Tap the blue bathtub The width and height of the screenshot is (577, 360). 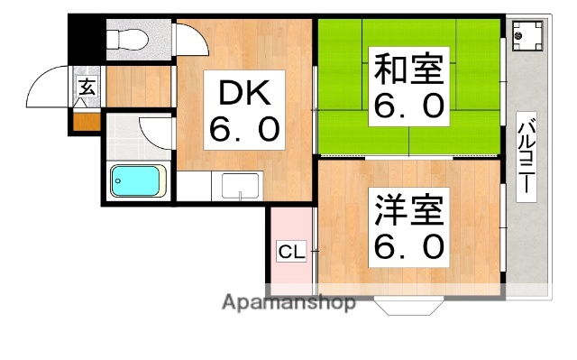[136, 180]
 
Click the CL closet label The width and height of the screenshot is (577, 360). [290, 252]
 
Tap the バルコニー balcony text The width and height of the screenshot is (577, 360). [524, 160]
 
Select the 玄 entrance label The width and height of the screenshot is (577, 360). [87, 88]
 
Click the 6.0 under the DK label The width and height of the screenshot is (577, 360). [243, 131]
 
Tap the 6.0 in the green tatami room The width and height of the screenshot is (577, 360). [408, 106]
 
